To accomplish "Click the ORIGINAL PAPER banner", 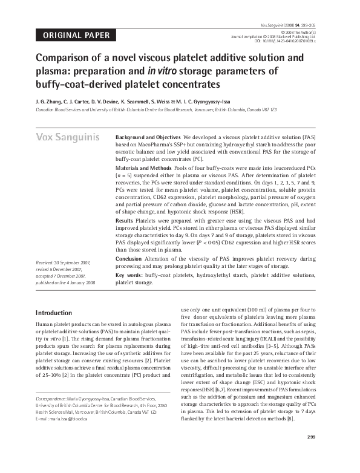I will [76, 35].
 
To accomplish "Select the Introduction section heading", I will [54, 313].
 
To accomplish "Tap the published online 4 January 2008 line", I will [65, 283].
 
